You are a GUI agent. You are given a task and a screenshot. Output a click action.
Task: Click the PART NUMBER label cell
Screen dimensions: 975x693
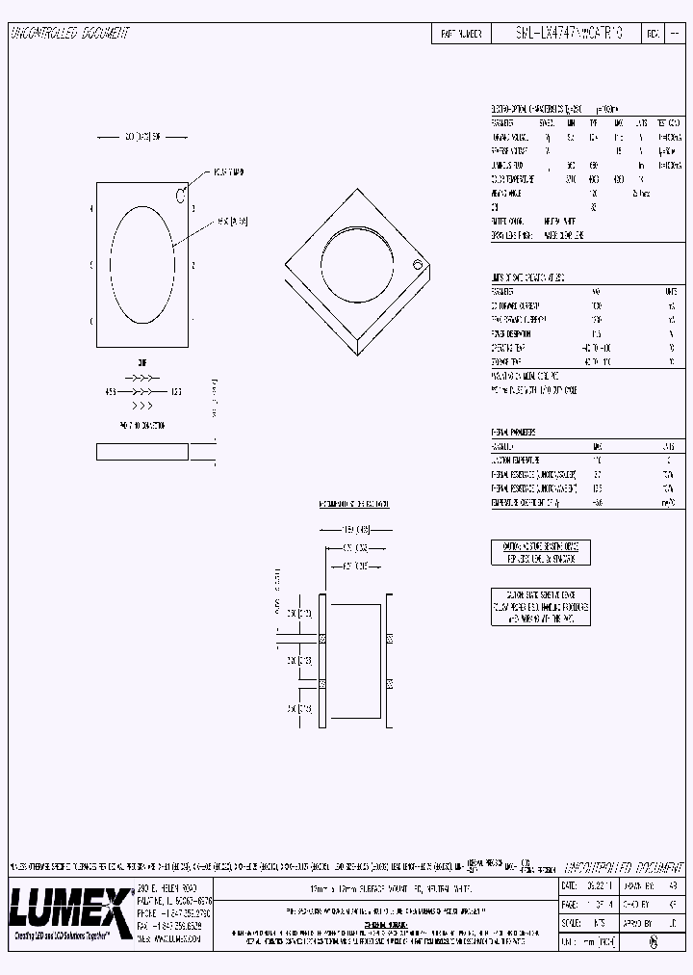(x=460, y=34)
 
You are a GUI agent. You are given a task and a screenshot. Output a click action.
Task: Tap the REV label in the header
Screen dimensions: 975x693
(x=653, y=34)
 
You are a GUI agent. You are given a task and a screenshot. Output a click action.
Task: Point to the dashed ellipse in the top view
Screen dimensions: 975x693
(x=143, y=265)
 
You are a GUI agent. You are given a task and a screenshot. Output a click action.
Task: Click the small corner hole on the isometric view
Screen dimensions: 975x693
(x=418, y=265)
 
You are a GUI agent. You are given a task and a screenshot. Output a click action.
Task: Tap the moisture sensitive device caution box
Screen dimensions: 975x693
(x=540, y=553)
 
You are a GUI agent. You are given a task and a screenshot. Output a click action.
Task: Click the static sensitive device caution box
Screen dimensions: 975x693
(x=540, y=607)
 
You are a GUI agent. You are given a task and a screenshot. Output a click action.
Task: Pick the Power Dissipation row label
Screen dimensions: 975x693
(x=511, y=333)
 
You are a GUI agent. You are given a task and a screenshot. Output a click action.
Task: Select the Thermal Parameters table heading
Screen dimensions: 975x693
(x=513, y=434)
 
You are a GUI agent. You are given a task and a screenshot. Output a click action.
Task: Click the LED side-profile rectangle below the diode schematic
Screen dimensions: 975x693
(x=142, y=452)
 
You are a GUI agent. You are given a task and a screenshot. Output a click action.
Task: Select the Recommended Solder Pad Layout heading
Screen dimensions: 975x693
(x=353, y=504)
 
